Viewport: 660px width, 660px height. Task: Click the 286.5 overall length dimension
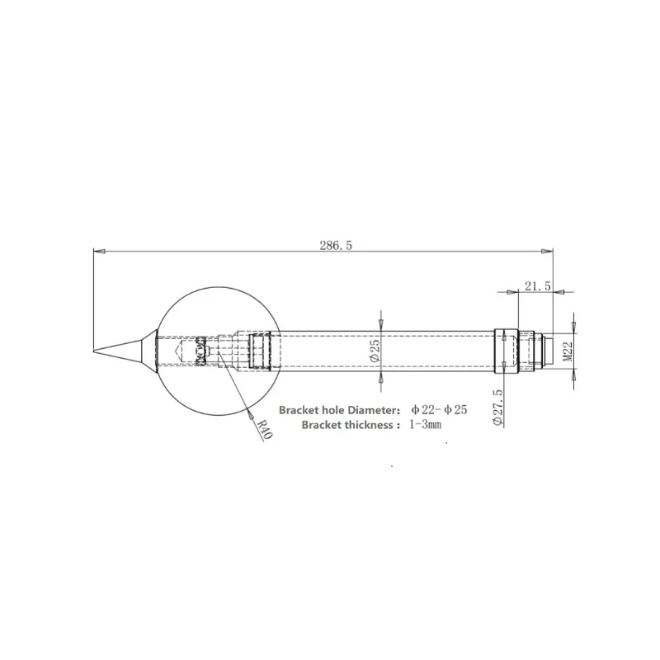tap(336, 245)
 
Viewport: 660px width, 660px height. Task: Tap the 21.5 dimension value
tap(538, 286)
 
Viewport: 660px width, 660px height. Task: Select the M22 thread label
tap(568, 351)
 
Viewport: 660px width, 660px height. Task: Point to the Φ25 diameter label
tap(375, 351)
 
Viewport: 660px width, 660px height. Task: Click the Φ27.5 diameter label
tap(497, 408)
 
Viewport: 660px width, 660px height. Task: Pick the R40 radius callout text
tap(265, 429)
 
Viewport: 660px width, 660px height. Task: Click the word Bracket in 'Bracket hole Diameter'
tap(298, 410)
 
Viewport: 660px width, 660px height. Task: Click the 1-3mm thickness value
tap(425, 424)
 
